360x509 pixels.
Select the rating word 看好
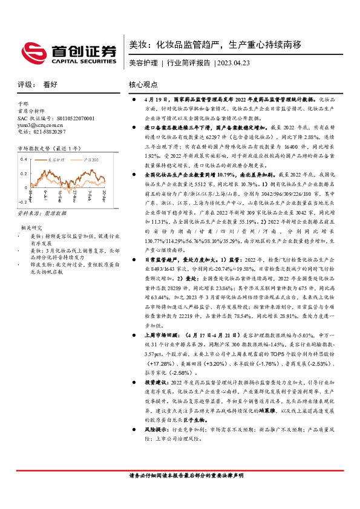(x=51, y=85)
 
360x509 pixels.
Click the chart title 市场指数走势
(x=36, y=148)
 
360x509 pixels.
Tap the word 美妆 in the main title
(x=139, y=44)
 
